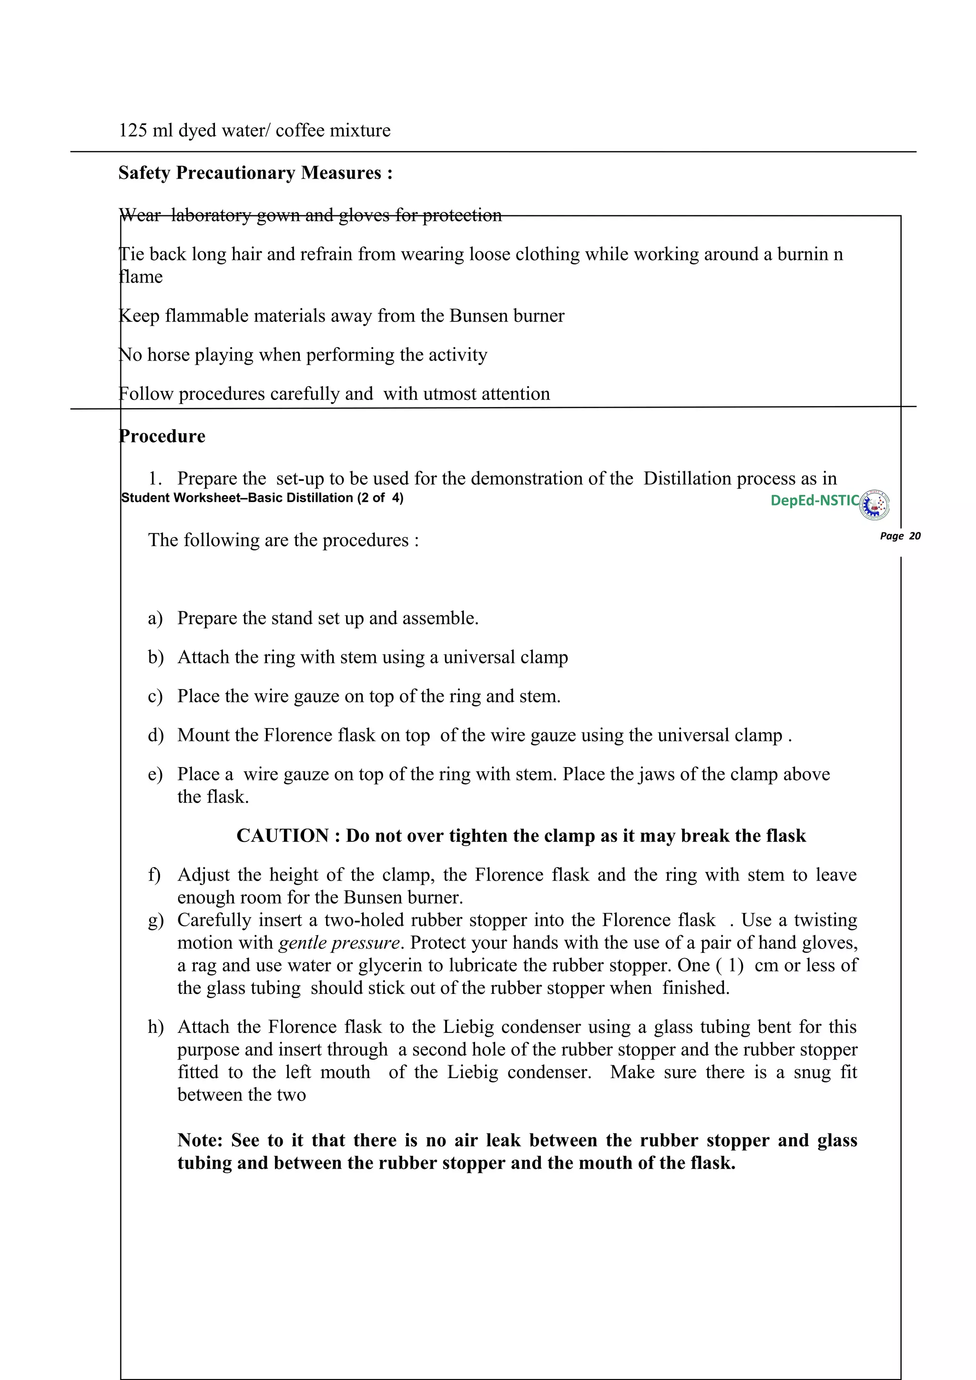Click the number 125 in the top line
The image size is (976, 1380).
[133, 130]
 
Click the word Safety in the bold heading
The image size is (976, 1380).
[144, 173]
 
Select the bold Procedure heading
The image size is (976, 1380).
[163, 436]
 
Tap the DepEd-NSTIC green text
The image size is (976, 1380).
[814, 500]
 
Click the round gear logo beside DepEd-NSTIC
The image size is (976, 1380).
[875, 504]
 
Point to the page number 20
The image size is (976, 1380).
[915, 536]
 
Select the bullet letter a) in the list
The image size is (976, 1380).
[155, 619]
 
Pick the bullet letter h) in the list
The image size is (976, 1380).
[156, 1027]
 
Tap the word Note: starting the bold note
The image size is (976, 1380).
[200, 1141]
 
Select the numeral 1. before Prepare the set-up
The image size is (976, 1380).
[155, 479]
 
